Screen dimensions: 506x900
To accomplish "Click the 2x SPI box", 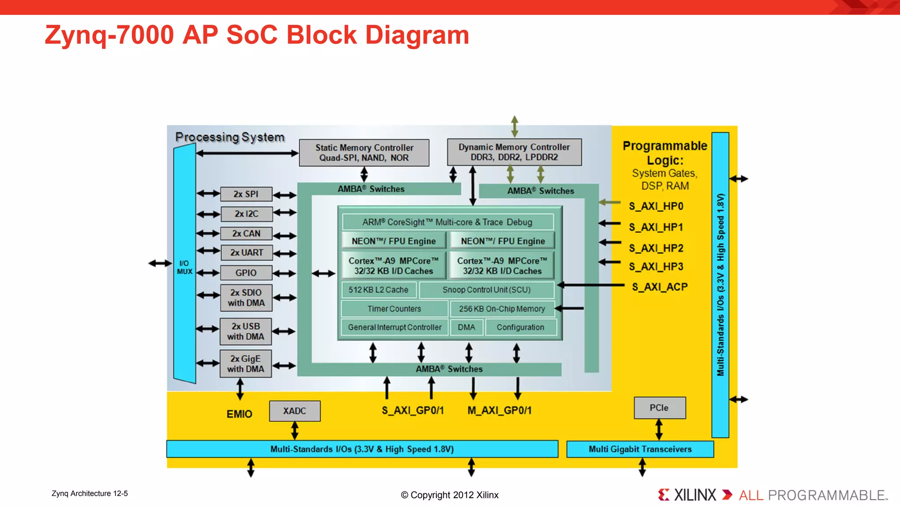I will (x=246, y=194).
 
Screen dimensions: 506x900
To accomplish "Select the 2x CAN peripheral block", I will (x=246, y=234).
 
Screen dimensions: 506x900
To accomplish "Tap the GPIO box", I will (x=246, y=273).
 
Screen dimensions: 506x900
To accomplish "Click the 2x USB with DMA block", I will (x=246, y=332).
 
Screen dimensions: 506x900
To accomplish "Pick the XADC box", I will (x=294, y=411).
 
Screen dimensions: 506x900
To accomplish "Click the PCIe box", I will (x=659, y=408).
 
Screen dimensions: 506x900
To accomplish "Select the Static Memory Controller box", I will (x=364, y=153).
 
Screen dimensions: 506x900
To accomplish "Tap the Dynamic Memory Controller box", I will (x=514, y=152).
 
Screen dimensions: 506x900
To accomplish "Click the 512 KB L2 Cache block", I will (x=378, y=290).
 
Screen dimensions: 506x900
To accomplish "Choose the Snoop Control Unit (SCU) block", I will (x=486, y=290).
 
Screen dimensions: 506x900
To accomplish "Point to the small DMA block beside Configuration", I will (x=466, y=327).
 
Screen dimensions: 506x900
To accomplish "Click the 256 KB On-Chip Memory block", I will (x=502, y=309).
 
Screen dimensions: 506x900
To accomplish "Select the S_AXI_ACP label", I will (x=660, y=287).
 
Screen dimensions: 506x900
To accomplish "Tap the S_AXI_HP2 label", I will (x=656, y=249).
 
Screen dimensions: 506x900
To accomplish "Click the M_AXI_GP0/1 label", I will (x=499, y=411).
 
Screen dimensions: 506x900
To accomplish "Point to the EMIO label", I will (x=239, y=414).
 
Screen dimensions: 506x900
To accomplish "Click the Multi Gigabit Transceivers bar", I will (x=640, y=449).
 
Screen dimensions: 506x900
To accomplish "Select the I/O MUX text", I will (x=185, y=267).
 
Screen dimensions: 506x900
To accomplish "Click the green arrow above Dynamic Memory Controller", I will (x=515, y=126).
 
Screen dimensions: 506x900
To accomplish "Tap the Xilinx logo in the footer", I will (x=687, y=495).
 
